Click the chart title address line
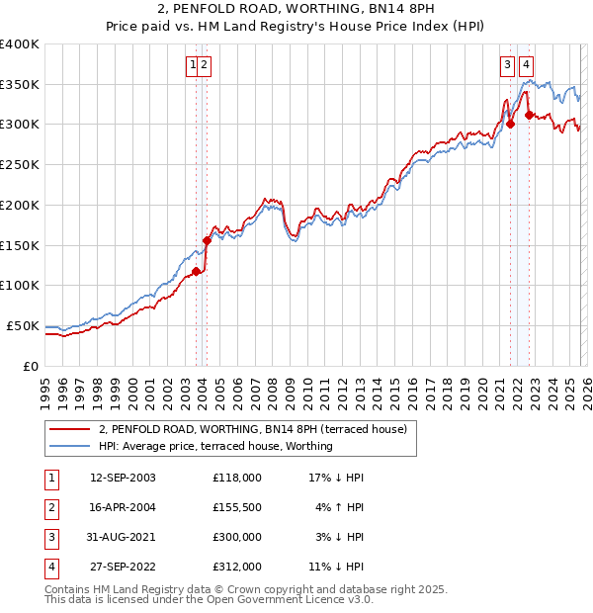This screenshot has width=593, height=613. click(296, 10)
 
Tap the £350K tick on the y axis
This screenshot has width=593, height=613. click(20, 84)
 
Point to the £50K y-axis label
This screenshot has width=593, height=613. click(23, 325)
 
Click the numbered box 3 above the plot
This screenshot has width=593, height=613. click(507, 65)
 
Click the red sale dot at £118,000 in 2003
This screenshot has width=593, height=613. click(196, 271)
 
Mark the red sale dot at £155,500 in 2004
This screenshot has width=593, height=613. click(207, 240)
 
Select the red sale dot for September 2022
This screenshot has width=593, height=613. click(529, 115)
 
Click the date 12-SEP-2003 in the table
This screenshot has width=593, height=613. click(123, 478)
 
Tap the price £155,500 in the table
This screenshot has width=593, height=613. click(237, 507)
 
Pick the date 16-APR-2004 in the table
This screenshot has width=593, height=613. click(123, 507)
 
